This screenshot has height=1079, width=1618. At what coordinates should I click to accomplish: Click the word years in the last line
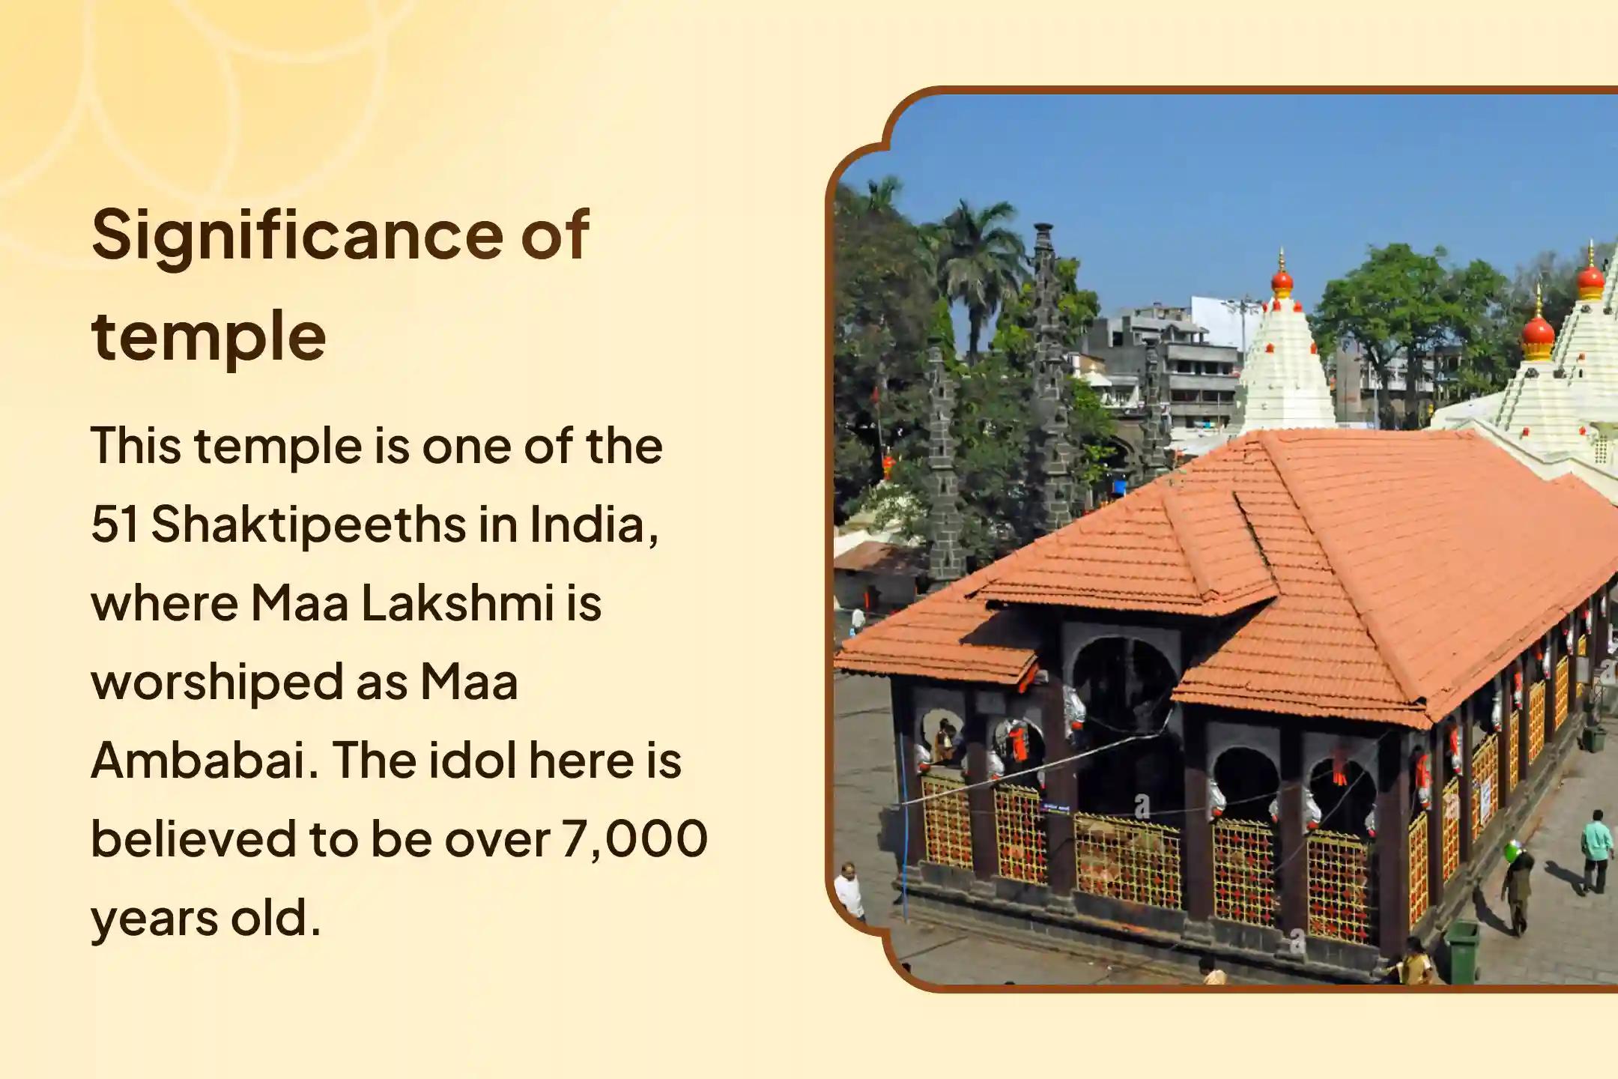point(154,920)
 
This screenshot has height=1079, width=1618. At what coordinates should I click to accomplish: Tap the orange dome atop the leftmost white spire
point(1282,280)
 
